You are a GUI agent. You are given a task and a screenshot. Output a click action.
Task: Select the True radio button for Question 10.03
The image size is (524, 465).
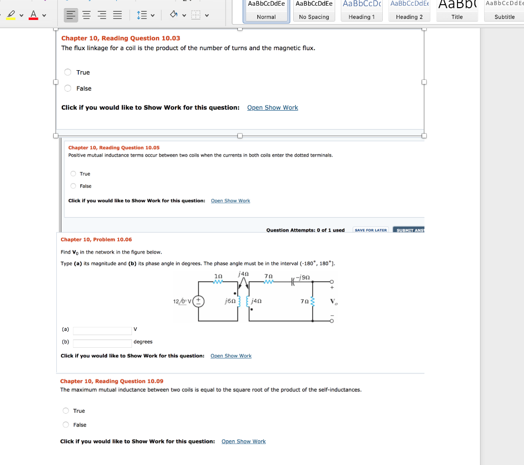pyautogui.click(x=68, y=72)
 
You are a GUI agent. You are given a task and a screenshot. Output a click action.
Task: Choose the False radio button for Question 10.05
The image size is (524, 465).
pyautogui.click(x=74, y=186)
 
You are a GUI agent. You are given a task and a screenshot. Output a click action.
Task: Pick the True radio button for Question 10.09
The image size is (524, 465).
pyautogui.click(x=65, y=411)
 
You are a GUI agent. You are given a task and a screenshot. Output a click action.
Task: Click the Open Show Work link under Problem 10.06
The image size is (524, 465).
pyautogui.click(x=231, y=356)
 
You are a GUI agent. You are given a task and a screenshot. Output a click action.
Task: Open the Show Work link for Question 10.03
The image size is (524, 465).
pyautogui.click(x=272, y=108)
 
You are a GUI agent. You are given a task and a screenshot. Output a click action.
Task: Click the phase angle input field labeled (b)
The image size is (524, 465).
pyautogui.click(x=102, y=343)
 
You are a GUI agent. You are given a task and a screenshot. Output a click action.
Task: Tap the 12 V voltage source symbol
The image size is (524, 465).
pyautogui.click(x=199, y=301)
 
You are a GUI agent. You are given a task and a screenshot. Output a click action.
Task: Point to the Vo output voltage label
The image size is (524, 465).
pyautogui.click(x=334, y=301)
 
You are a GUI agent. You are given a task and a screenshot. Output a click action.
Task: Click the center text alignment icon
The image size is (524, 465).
pyautogui.click(x=88, y=15)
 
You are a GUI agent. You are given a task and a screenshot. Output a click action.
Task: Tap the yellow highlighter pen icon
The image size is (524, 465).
pyautogui.click(x=11, y=15)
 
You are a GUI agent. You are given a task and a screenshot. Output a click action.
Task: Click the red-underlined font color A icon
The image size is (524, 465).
pyautogui.click(x=33, y=15)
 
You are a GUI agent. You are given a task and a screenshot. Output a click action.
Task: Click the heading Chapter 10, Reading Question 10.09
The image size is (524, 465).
pyautogui.click(x=112, y=381)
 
